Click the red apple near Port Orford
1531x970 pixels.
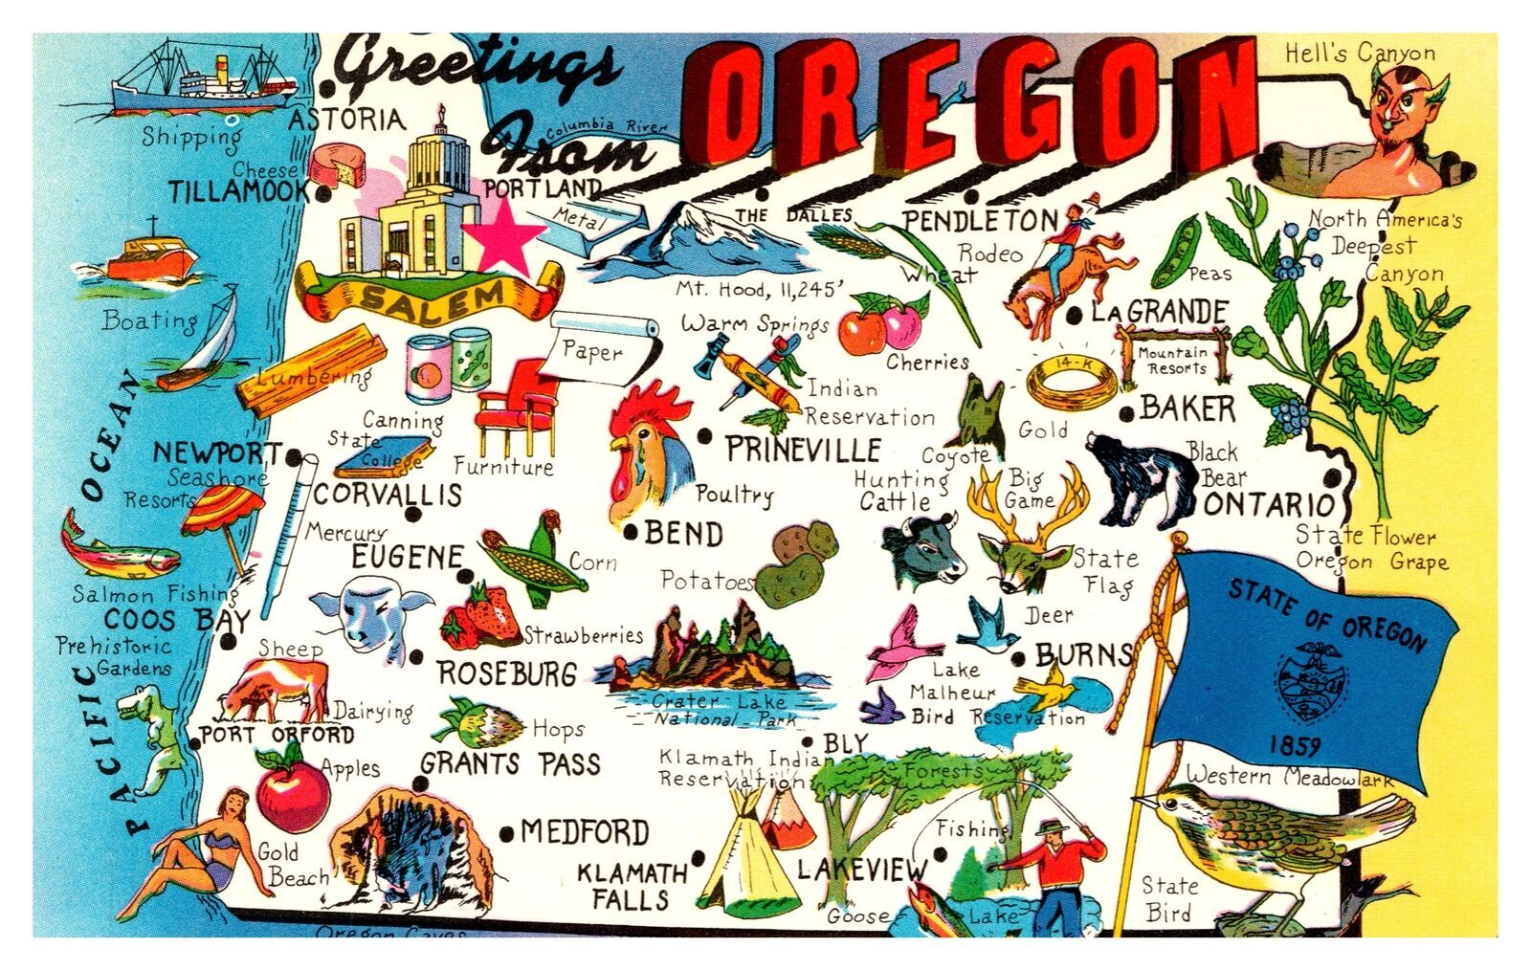point(292,790)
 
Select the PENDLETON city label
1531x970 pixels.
point(981,221)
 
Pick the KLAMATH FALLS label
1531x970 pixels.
point(632,886)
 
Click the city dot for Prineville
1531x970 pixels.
point(705,436)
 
